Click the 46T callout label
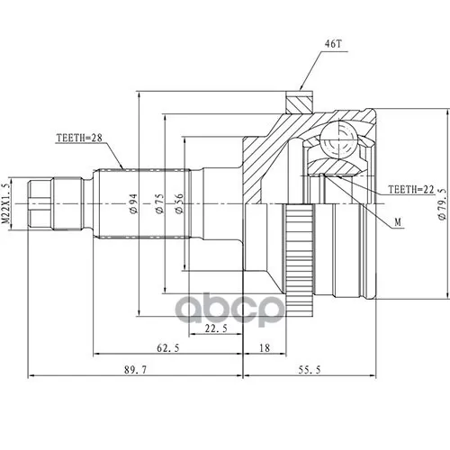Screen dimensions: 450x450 coord(333,44)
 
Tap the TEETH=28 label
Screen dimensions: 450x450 coord(79,138)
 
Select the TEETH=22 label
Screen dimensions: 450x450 coord(411,189)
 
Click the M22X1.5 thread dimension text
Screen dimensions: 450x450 coord(6,203)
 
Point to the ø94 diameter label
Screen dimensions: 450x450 coord(133,203)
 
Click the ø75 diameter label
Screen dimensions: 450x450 coord(159,203)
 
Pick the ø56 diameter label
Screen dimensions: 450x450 coord(179,203)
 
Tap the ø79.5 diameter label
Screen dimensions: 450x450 coord(442,204)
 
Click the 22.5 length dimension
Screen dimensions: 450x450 coord(216,328)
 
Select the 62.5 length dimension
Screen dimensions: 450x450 coord(168,348)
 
